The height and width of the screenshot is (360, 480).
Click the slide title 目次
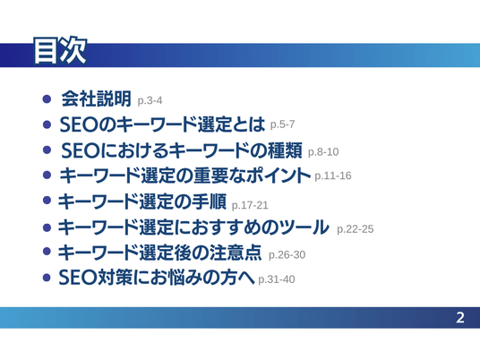[60, 51]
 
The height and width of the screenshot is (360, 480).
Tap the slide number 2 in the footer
[460, 318]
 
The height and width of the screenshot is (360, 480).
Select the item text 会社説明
[97, 99]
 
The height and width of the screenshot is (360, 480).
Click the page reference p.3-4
[150, 100]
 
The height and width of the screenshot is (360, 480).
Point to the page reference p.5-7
[282, 124]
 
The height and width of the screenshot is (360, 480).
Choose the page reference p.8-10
[323, 152]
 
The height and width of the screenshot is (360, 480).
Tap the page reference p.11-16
[333, 176]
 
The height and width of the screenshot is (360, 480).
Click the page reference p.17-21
[250, 205]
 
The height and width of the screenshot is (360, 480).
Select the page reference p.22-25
[356, 229]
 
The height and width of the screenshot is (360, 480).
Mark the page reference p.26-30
[287, 254]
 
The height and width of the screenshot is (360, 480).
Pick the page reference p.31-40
[277, 279]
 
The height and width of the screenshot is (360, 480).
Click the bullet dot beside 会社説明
[47, 99]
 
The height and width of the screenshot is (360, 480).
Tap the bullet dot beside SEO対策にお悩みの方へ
[47, 278]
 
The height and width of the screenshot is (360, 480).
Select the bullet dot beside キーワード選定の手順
[47, 201]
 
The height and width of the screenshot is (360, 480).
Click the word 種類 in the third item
[285, 150]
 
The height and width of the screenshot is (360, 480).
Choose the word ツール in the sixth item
[304, 227]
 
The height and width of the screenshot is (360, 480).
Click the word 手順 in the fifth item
[209, 201]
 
